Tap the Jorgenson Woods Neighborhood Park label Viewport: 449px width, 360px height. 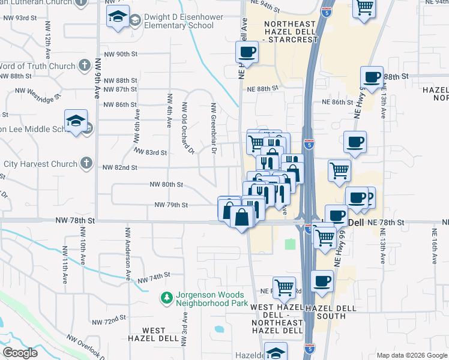210,299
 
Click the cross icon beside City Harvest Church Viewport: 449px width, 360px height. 86,163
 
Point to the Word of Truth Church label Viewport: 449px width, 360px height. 36,66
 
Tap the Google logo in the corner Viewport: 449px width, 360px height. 20,353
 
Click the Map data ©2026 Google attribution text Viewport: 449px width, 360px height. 412,355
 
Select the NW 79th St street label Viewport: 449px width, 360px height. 171,205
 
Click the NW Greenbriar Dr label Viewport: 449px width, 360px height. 213,127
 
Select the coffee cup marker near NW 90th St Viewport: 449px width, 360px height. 246,52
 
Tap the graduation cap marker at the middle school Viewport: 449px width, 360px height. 76,121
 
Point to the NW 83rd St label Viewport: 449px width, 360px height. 149,152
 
